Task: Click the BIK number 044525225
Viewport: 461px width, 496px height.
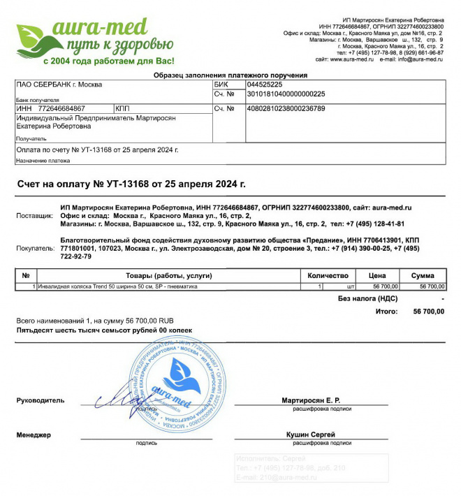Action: [265, 85]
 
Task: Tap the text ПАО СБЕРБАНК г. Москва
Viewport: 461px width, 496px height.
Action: [59, 85]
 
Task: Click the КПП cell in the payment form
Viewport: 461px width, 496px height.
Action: [123, 109]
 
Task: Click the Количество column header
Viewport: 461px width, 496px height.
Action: [328, 276]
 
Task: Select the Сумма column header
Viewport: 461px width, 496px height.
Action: [422, 276]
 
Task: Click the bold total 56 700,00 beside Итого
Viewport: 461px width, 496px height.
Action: [428, 311]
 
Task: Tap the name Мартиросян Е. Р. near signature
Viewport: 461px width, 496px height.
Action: [310, 400]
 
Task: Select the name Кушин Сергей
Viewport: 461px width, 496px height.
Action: [310, 435]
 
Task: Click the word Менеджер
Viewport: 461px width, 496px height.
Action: [34, 435]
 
